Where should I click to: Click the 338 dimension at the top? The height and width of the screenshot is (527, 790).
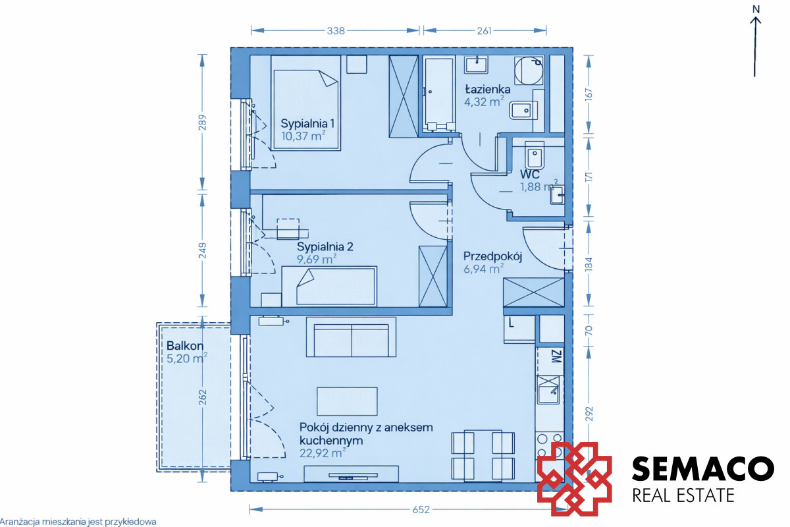click(335, 31)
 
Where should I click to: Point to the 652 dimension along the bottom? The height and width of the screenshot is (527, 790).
click(421, 509)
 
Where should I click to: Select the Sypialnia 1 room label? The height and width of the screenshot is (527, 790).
click(307, 124)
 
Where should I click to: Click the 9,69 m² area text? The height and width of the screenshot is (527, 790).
click(317, 259)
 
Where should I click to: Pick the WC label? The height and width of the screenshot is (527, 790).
click(530, 175)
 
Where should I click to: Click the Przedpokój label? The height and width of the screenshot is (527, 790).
click(492, 257)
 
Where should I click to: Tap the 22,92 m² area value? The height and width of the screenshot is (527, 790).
click(323, 453)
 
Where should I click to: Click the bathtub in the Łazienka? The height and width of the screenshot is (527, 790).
click(439, 94)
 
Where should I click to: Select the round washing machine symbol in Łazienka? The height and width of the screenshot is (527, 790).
click(528, 70)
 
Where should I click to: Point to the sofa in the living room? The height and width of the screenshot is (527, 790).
click(351, 337)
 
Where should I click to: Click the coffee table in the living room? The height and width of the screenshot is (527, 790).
click(347, 401)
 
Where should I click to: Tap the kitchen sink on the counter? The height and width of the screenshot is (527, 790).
click(548, 390)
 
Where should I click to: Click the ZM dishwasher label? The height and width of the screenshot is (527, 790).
click(556, 356)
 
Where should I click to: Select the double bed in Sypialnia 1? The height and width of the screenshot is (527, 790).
click(305, 103)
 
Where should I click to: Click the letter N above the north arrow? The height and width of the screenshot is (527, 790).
click(756, 9)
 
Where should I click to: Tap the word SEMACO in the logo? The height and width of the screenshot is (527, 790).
click(703, 468)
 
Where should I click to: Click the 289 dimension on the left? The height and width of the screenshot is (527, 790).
click(202, 122)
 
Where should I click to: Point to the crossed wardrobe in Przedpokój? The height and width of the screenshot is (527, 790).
click(534, 292)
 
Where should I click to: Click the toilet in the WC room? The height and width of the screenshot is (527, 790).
click(535, 155)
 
